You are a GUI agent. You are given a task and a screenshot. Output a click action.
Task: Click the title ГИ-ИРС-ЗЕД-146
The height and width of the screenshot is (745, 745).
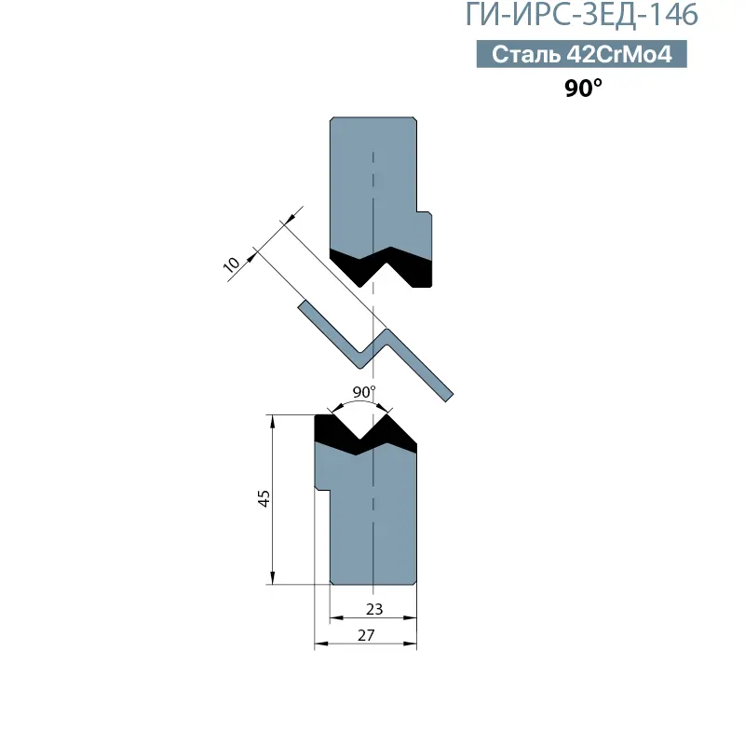tap(581, 15)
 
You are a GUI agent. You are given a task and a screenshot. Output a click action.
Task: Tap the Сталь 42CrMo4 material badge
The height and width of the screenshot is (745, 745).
tap(581, 54)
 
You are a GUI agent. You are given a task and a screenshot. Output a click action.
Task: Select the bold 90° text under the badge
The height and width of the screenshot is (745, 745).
tap(583, 88)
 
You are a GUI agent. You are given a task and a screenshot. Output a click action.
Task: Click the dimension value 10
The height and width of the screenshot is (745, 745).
tap(231, 264)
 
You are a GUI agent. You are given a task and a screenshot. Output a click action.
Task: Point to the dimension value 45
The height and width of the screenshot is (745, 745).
tap(264, 498)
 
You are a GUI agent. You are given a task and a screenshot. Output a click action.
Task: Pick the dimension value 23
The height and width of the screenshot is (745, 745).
tap(374, 609)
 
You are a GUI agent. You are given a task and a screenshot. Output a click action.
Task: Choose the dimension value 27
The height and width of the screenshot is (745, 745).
tap(366, 635)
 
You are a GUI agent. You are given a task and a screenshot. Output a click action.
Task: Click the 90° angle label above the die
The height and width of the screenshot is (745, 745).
tap(364, 392)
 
